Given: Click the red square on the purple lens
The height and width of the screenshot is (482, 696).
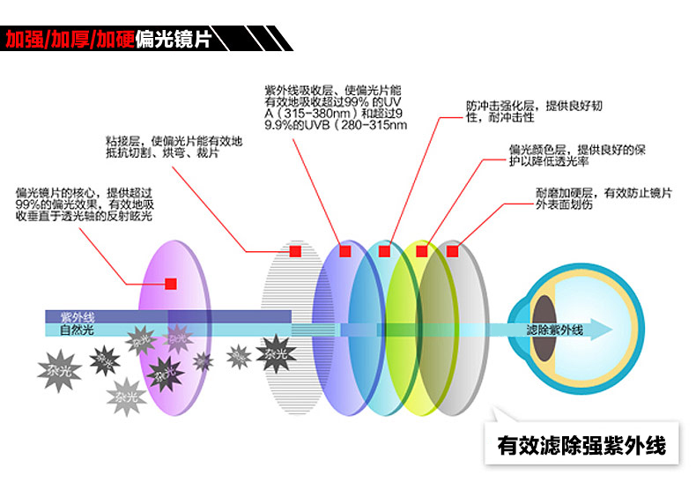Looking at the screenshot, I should pyautogui.click(x=170, y=284).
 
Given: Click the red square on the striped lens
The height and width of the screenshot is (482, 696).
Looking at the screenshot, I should pyautogui.click(x=295, y=251).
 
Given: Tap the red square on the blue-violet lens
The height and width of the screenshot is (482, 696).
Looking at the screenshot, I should pyautogui.click(x=345, y=251).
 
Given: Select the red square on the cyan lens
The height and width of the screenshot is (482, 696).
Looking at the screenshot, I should pyautogui.click(x=384, y=251).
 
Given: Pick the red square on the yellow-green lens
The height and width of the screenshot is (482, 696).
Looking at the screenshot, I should pyautogui.click(x=421, y=251).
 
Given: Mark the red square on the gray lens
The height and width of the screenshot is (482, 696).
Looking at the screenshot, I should pyautogui.click(x=452, y=251).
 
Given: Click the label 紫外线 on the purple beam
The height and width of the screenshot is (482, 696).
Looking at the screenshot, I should pyautogui.click(x=78, y=316).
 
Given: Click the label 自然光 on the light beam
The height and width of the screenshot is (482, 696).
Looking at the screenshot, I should pyautogui.click(x=77, y=330).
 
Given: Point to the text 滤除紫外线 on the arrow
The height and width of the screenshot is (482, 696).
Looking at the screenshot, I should pyautogui.click(x=554, y=330).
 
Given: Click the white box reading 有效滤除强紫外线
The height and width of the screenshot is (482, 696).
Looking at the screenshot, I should pyautogui.click(x=582, y=444).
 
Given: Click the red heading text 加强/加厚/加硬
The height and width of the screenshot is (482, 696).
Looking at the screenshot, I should pyautogui.click(x=61, y=39).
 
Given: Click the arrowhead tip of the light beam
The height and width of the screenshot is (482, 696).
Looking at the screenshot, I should pyautogui.click(x=609, y=330).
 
